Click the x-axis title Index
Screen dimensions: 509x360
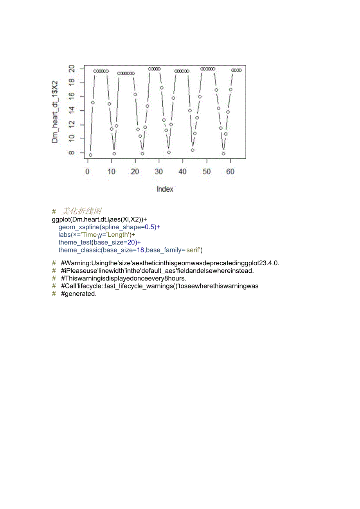[x=165, y=189]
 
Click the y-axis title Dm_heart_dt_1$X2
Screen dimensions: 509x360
[x=55, y=112]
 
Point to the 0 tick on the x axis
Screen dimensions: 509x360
[x=88, y=171]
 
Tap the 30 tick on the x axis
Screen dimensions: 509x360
[x=159, y=171]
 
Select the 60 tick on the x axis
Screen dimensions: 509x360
[x=230, y=171]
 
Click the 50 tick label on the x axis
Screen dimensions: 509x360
[x=207, y=171]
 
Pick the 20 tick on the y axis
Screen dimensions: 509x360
[x=72, y=69]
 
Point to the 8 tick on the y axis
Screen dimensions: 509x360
[x=72, y=153]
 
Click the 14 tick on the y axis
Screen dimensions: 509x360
[x=72, y=111]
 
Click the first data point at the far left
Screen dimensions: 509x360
[x=90, y=155]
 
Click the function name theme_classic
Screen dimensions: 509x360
[x=79, y=250]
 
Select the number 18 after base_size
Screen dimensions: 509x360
[x=140, y=250]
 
